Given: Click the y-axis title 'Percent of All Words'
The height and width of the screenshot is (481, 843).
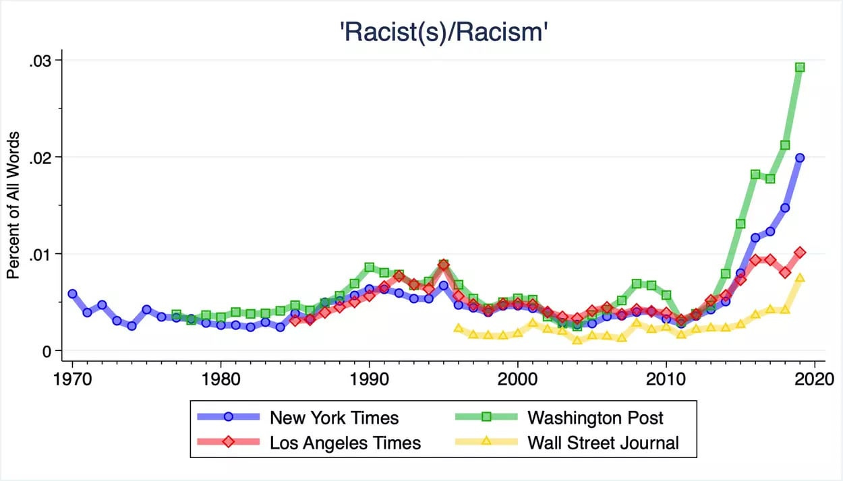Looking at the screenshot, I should pyautogui.click(x=13, y=205).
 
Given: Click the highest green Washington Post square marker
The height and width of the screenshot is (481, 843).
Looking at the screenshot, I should pyautogui.click(x=800, y=67).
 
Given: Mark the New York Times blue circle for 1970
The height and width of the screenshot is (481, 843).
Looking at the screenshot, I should pyautogui.click(x=72, y=294).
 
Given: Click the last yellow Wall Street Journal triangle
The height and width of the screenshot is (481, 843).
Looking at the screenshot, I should pyautogui.click(x=800, y=278).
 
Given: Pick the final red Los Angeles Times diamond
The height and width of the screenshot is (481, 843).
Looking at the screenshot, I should pyautogui.click(x=800, y=253).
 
